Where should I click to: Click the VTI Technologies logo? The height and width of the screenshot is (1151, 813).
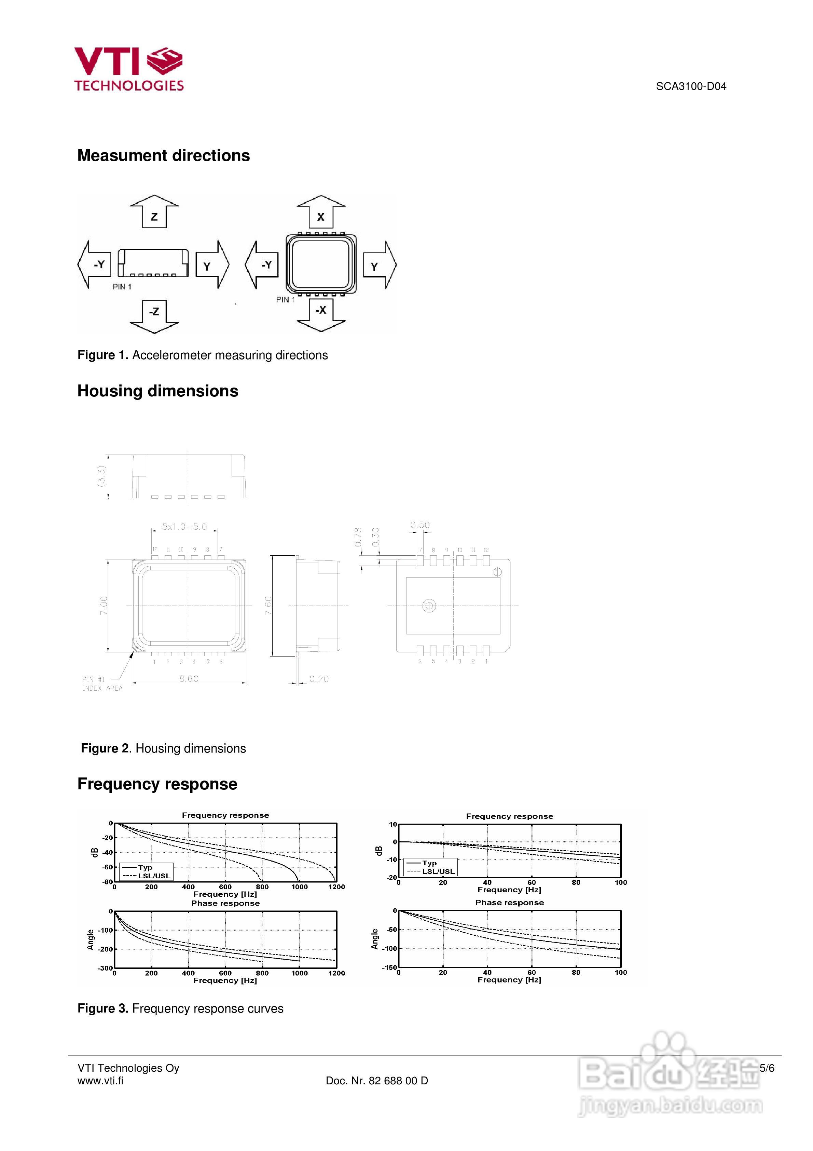pyautogui.click(x=129, y=69)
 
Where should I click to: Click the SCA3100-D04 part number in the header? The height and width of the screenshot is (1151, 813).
pyautogui.click(x=691, y=86)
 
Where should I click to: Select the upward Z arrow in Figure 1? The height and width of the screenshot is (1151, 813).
pyautogui.click(x=154, y=212)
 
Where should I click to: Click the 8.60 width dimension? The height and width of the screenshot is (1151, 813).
pyautogui.click(x=189, y=678)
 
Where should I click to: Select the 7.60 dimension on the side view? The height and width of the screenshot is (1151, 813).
pyautogui.click(x=268, y=606)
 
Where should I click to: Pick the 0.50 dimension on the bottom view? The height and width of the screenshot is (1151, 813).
pyautogui.click(x=420, y=525)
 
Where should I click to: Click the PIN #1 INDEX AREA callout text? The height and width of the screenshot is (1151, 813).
pyautogui.click(x=102, y=684)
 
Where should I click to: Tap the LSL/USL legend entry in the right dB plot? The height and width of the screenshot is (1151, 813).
pyautogui.click(x=438, y=871)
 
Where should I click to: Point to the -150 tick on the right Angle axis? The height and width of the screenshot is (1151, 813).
pyautogui.click(x=389, y=967)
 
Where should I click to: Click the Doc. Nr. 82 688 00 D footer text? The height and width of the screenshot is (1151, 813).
pyautogui.click(x=377, y=1081)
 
